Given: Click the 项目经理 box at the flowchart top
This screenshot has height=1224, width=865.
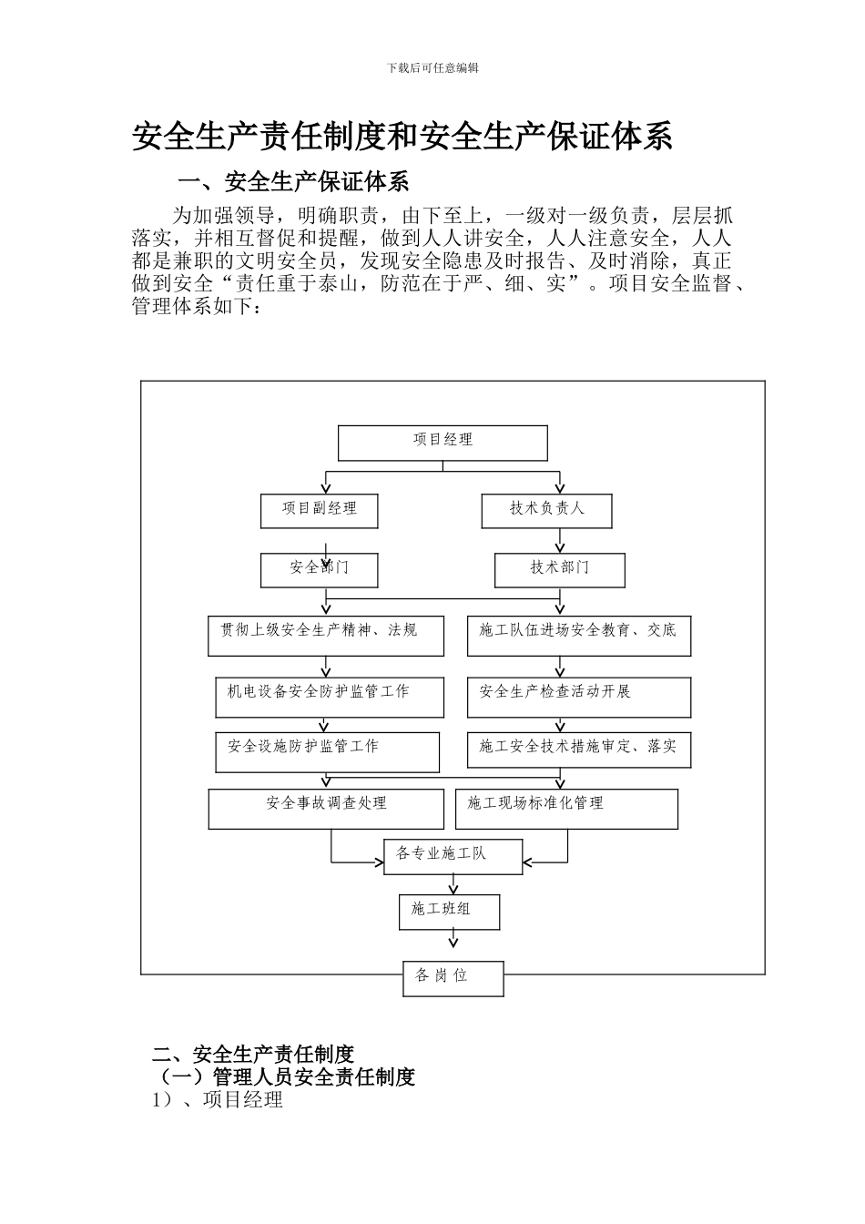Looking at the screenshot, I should tap(443, 443).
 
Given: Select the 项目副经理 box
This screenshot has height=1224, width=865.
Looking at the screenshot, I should tap(319, 510).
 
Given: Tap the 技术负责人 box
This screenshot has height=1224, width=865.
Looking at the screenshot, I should tap(546, 510).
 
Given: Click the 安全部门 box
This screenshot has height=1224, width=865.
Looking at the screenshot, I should tap(320, 570).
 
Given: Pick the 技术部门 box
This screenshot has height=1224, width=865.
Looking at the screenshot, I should tap(560, 570).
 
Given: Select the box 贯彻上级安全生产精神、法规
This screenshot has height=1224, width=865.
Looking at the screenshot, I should tap(326, 635).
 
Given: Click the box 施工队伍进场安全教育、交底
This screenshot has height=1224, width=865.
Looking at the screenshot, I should tap(578, 635).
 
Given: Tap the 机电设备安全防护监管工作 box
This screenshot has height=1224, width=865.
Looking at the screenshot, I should tap(330, 697).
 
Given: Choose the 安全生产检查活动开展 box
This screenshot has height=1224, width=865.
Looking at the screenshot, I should tap(578, 697).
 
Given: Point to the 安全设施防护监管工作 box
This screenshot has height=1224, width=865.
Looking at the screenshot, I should tap(327, 752).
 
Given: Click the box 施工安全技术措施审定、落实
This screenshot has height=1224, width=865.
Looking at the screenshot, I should tap(578, 750).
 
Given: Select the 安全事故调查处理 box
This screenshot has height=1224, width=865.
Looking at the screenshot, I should tap(326, 808).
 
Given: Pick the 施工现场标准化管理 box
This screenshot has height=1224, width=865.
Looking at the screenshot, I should tap(566, 808).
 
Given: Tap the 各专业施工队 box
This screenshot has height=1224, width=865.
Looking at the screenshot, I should tap(453, 857).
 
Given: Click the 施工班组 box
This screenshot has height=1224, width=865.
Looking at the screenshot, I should tap(449, 912).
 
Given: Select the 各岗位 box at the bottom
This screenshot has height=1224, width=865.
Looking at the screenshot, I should tap(453, 978).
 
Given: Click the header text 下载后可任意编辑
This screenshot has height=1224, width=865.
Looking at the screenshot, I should tap(432, 67).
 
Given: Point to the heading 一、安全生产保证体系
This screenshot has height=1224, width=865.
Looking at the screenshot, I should tap(292, 182).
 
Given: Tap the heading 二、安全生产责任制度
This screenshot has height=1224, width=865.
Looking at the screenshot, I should tap(252, 1055).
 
